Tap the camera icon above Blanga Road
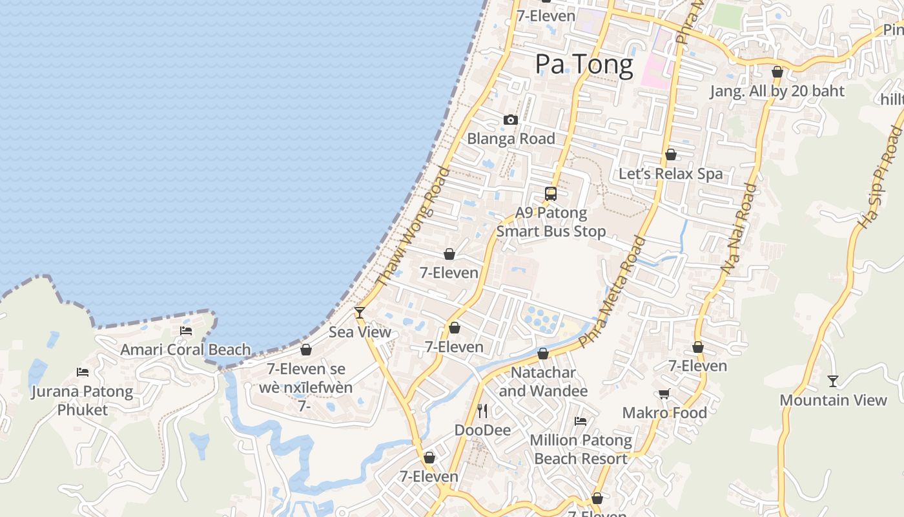511,120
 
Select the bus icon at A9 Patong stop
551,193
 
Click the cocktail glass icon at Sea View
360,313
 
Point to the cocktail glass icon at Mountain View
833,381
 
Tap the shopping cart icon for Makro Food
664,394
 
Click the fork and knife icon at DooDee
482,410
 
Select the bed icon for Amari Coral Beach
186,331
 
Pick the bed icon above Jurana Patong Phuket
83,372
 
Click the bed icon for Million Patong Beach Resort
580,421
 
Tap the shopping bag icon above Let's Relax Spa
671,154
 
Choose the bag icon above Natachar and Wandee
543,353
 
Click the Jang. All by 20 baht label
777,91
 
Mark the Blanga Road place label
511,138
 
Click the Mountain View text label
833,400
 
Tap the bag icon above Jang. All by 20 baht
777,72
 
